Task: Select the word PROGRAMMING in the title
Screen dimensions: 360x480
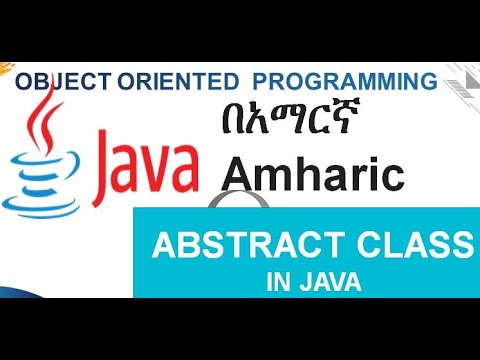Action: pos(345,80)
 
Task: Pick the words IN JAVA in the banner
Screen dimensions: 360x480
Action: pos(314,283)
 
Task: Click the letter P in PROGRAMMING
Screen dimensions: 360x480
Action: pos(259,80)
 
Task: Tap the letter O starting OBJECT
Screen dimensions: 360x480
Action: pos(23,80)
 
